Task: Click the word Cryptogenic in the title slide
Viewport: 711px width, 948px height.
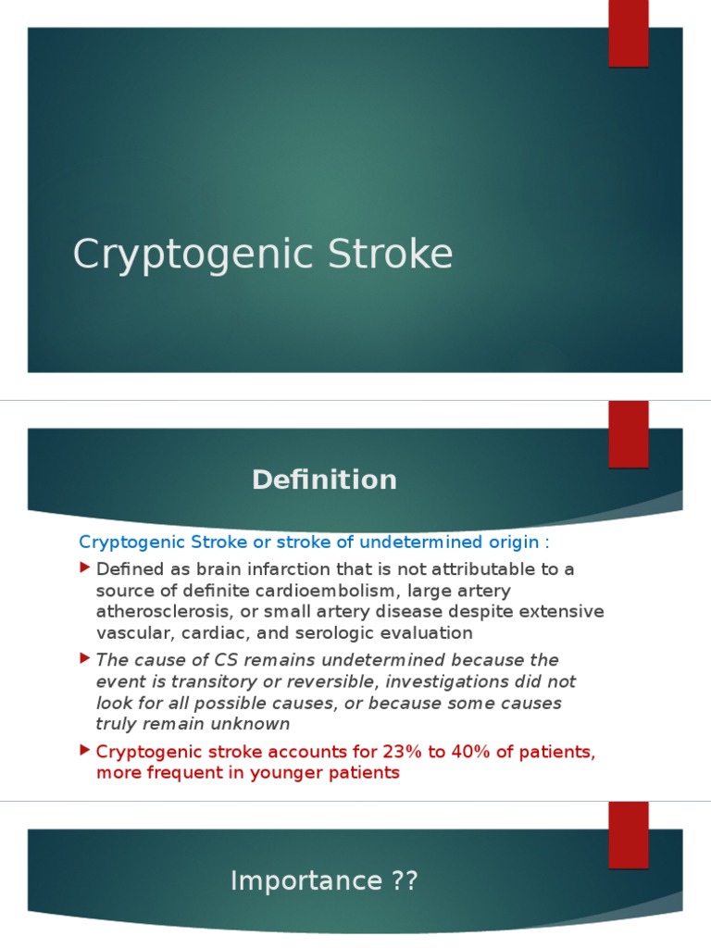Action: tap(178, 256)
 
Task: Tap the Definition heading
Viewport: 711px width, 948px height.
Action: tap(324, 480)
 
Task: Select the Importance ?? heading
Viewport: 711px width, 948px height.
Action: tap(324, 881)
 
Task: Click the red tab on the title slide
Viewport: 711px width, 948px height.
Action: tap(628, 33)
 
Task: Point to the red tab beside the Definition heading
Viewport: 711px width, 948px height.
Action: tap(628, 433)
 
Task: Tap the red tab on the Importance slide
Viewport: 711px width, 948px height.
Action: tap(628, 834)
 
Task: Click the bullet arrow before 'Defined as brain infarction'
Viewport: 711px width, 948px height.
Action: tap(85, 567)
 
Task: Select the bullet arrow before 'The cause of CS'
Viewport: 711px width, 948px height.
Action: tap(85, 658)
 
